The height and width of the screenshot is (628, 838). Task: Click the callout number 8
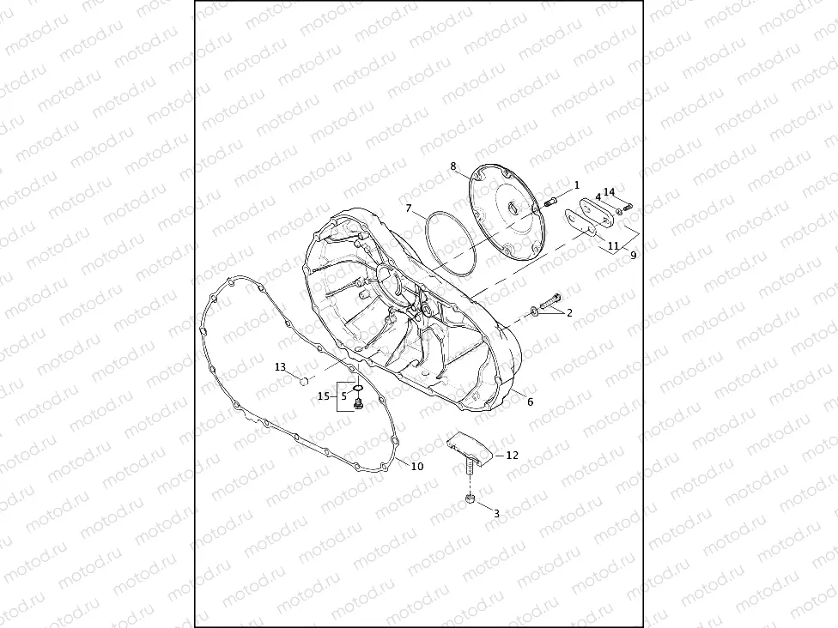click(x=453, y=166)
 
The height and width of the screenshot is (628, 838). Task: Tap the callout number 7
click(x=410, y=208)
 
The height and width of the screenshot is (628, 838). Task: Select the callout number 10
click(x=416, y=467)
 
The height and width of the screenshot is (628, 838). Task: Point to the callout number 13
click(x=280, y=366)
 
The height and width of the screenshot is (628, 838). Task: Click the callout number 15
click(x=324, y=396)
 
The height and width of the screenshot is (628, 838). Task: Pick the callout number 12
click(x=512, y=456)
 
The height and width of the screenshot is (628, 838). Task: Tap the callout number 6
click(x=530, y=402)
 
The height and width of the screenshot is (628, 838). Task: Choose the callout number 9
click(x=633, y=255)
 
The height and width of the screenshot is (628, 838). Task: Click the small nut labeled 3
click(x=471, y=498)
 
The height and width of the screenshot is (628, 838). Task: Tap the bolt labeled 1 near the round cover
click(x=551, y=202)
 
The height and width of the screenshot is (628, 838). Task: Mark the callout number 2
click(x=568, y=313)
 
